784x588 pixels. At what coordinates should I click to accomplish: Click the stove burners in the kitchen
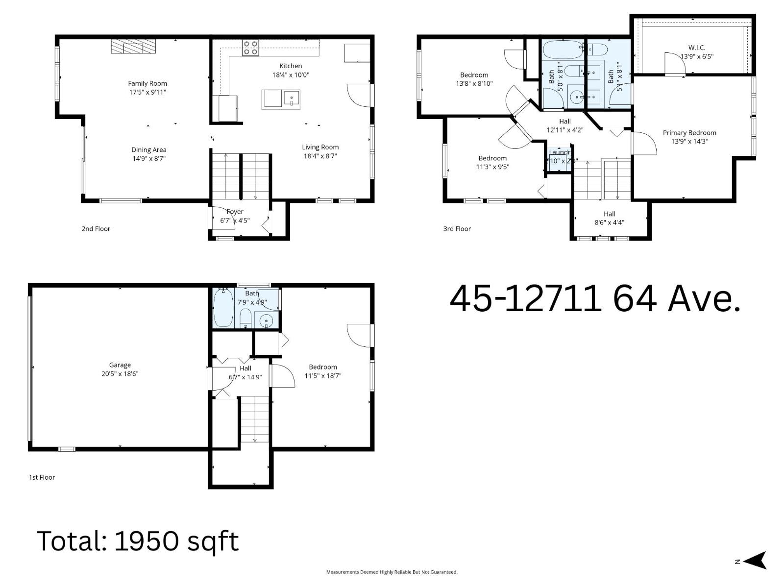click(x=250, y=48)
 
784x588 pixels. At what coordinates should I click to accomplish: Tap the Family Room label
click(x=147, y=83)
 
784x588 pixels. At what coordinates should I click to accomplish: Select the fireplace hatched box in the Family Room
click(x=133, y=47)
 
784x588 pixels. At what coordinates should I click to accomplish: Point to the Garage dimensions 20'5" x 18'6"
click(x=120, y=374)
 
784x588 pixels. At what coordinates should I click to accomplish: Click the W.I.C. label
click(x=696, y=48)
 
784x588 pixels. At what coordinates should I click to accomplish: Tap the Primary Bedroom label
click(x=689, y=133)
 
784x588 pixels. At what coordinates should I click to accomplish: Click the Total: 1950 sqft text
click(x=138, y=541)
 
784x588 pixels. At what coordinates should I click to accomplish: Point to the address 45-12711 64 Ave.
click(x=594, y=299)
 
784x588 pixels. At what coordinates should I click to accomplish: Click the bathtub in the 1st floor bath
click(x=223, y=309)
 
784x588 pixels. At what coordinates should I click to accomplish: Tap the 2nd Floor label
click(x=96, y=229)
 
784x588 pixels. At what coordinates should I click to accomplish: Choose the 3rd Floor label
click(x=457, y=229)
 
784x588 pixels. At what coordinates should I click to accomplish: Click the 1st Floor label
click(x=42, y=477)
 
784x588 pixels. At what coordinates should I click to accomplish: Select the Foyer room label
click(x=235, y=212)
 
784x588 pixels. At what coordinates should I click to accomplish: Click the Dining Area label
click(x=148, y=150)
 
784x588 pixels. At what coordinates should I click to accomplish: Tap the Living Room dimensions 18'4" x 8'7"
click(x=320, y=156)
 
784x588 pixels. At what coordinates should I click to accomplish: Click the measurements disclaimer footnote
click(x=392, y=572)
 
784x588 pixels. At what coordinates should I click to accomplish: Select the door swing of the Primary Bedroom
click(x=644, y=145)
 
